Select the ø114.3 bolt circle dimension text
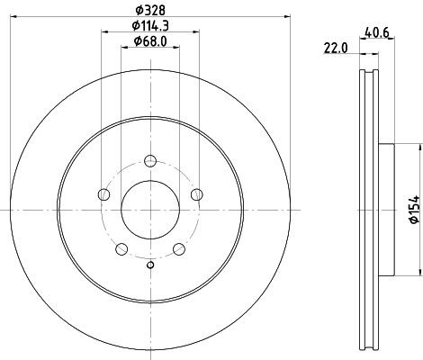(x=150, y=24)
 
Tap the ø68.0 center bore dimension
(x=150, y=40)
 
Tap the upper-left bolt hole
(x=103, y=195)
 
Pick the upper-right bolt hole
(x=197, y=195)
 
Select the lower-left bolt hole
(x=121, y=247)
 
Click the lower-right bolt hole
(x=179, y=247)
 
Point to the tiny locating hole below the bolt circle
(x=150, y=264)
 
